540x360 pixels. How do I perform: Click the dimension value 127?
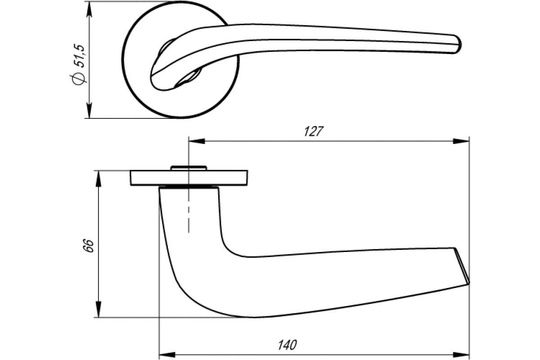pyautogui.click(x=314, y=131)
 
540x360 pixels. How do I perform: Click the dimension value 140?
pyautogui.click(x=288, y=345)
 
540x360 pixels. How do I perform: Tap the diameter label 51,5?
pyautogui.click(x=79, y=55)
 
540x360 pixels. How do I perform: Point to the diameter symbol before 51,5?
pyautogui.click(x=79, y=78)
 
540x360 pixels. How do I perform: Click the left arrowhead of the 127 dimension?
pyautogui.click(x=197, y=141)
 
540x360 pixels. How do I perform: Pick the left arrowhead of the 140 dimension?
pyautogui.click(x=167, y=355)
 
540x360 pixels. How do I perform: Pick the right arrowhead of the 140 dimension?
pyautogui.click(x=461, y=355)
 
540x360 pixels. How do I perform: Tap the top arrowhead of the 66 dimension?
pyautogui.click(x=99, y=179)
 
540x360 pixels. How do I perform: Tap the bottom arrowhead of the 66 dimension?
pyautogui.click(x=99, y=309)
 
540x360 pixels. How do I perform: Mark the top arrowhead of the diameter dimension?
pyautogui.click(x=89, y=9)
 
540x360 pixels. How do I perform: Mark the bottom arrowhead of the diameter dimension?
pyautogui.click(x=89, y=110)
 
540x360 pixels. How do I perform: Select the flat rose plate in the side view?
pyautogui.click(x=189, y=178)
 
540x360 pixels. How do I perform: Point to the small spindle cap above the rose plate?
pyautogui.click(x=189, y=168)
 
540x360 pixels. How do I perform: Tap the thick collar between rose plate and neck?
pyautogui.click(x=189, y=187)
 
